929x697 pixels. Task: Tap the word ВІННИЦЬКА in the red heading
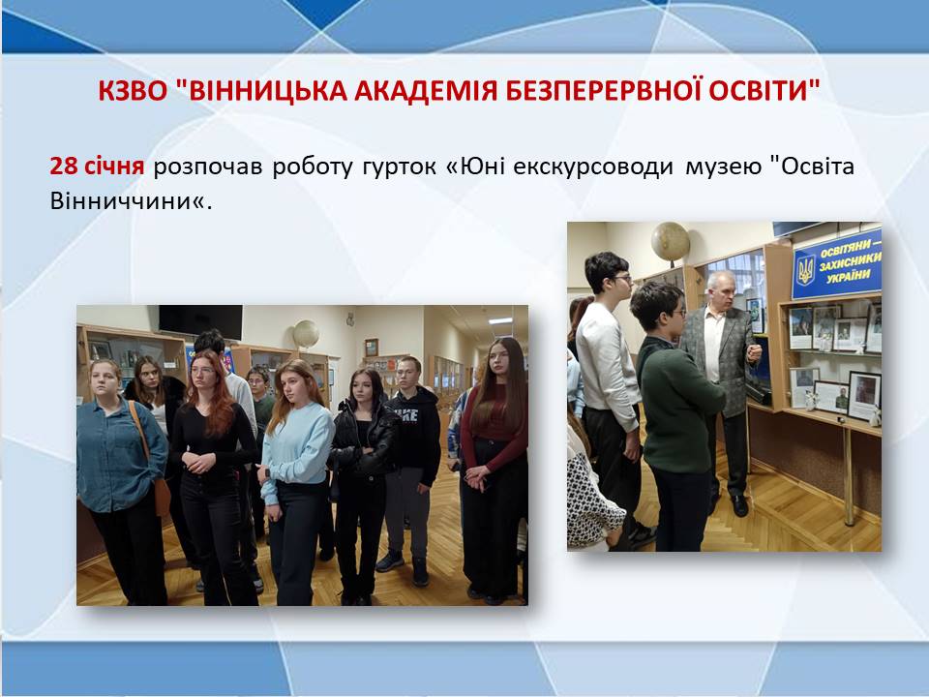261,91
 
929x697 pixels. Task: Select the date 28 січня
97,166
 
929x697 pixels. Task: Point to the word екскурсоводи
593,167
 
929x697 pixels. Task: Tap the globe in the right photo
671,241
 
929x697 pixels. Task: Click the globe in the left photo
306,334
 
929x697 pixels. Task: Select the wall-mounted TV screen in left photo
201,321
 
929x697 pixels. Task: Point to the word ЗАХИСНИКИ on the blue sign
850,261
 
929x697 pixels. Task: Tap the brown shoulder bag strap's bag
162,497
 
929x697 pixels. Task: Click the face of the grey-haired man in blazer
719,289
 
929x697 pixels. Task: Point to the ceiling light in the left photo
500,320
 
